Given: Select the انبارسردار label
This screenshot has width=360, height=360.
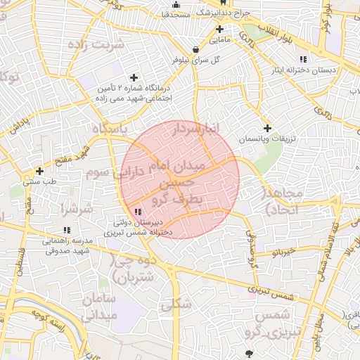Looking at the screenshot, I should (198, 129).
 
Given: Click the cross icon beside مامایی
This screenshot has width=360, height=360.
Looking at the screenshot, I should (220, 29).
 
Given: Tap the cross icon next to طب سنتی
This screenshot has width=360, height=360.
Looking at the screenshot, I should (39, 171).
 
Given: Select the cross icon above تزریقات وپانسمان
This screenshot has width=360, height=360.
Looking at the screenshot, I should (267, 128).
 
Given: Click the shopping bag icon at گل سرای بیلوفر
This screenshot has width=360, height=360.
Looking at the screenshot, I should (196, 49).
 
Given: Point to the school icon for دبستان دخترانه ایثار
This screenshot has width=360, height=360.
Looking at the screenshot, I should (303, 59).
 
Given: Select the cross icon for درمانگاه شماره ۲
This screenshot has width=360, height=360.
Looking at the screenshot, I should (134, 77).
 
